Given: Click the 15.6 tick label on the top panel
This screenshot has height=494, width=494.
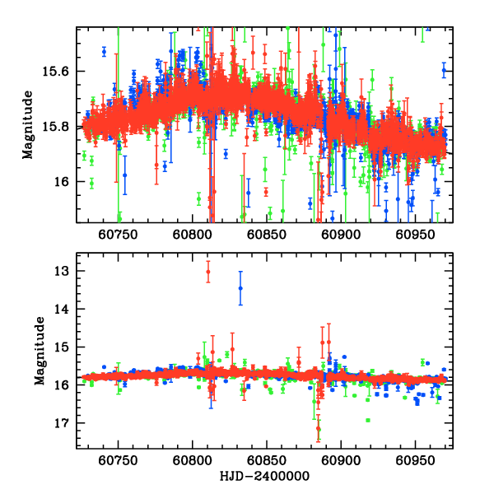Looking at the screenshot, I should (x=57, y=72).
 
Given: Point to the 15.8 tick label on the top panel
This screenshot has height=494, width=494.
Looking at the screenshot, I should (x=57, y=127).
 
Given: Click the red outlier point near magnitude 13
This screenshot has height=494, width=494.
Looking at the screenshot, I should (x=208, y=272).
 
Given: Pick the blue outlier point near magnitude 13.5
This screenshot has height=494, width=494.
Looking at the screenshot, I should (x=240, y=288).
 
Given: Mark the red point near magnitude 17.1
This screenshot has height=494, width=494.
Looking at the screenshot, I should (x=319, y=428).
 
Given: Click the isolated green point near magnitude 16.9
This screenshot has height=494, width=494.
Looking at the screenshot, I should (x=368, y=420).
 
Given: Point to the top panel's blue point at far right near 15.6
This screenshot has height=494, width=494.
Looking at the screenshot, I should (x=444, y=71).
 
